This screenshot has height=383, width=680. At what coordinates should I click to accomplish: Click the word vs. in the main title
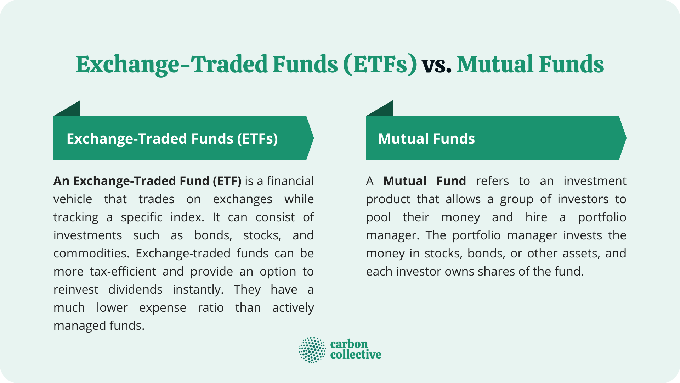[x=436, y=65]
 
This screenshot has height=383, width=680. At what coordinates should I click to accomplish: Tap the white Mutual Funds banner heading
[x=426, y=139]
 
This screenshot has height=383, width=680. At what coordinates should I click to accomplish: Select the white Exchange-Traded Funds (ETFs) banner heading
[x=172, y=139]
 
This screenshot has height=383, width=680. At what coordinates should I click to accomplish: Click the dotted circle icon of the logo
[x=312, y=350]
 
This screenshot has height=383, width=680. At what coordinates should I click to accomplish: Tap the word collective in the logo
[x=356, y=354]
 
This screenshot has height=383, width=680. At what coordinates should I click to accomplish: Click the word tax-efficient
[x=123, y=272]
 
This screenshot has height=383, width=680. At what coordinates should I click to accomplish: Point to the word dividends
[x=135, y=290]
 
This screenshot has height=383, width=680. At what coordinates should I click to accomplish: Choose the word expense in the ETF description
[x=163, y=308]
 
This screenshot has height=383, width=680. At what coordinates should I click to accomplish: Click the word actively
[x=293, y=308]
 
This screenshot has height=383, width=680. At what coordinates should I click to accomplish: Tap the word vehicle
[x=73, y=199]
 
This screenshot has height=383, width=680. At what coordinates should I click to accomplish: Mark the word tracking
[x=76, y=217]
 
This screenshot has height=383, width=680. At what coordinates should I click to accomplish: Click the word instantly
[x=198, y=290]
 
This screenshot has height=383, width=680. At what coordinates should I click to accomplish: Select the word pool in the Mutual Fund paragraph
[x=378, y=217]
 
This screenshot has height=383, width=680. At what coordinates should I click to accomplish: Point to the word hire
[x=536, y=217]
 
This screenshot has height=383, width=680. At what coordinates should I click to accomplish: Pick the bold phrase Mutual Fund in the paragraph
[x=424, y=181]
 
